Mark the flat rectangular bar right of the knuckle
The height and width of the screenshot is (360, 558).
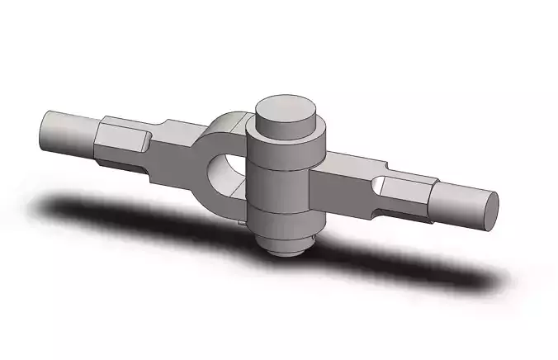click(x=343, y=186)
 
